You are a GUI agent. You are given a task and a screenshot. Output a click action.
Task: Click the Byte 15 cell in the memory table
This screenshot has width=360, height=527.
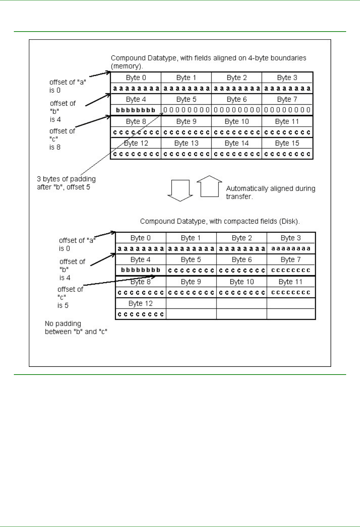click(x=287, y=143)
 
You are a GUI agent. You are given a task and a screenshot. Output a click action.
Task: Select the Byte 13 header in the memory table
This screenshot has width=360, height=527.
click(x=186, y=143)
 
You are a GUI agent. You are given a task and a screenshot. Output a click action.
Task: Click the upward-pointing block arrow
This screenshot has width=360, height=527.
click(x=210, y=186)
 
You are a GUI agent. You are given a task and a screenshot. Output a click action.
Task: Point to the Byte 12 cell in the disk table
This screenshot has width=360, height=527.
click(x=140, y=303)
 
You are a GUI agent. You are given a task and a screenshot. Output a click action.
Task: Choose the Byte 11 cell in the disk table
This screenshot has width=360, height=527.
click(x=290, y=282)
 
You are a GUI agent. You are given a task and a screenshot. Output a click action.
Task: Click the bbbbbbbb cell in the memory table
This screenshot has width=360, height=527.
click(x=136, y=110)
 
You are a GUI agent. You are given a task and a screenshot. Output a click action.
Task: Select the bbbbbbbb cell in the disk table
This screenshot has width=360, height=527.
click(x=141, y=270)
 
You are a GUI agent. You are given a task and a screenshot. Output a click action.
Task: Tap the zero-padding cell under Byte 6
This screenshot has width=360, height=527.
click(x=237, y=110)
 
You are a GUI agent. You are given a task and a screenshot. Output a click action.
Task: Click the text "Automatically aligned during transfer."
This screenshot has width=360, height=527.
click(x=270, y=192)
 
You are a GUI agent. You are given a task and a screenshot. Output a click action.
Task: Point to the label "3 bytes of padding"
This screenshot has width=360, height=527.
click(x=66, y=179)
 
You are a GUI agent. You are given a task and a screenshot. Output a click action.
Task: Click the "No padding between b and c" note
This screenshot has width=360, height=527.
click(x=76, y=328)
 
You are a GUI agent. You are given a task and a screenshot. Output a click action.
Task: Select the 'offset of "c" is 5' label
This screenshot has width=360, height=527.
click(x=70, y=297)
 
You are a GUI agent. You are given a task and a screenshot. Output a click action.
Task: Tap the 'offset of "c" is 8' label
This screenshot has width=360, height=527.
click(x=62, y=139)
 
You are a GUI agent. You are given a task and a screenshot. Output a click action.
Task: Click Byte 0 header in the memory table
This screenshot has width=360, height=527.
click(x=136, y=78)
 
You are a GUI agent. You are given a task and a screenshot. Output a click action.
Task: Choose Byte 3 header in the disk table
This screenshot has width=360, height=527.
click(x=290, y=238)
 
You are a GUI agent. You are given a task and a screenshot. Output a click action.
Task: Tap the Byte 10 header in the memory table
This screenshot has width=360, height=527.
click(x=237, y=122)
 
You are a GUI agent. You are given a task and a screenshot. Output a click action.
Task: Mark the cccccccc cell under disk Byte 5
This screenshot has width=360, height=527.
click(x=191, y=270)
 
